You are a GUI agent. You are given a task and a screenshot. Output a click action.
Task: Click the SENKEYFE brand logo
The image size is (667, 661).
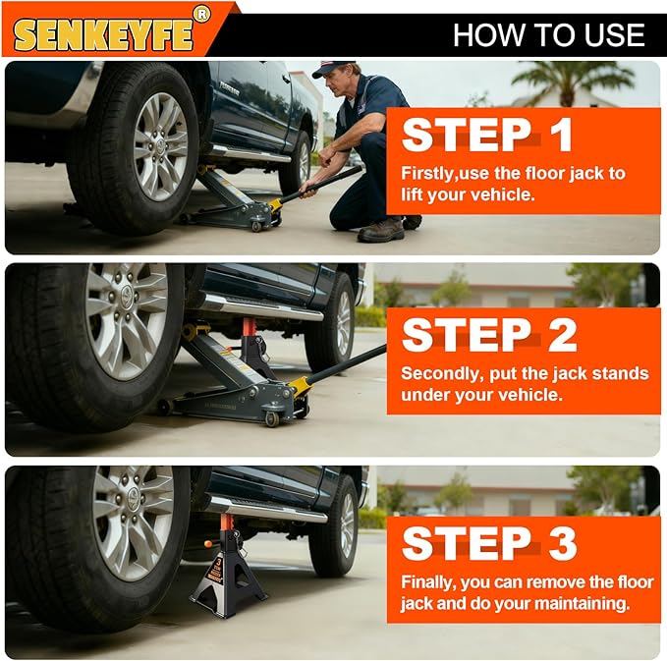click(x=103, y=34)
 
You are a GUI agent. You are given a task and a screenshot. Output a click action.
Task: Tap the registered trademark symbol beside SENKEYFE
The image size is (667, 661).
click(x=201, y=15)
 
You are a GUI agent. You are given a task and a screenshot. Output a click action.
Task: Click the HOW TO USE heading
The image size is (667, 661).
click(x=548, y=35)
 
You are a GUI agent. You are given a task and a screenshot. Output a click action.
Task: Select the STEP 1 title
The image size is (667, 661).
click(x=487, y=135)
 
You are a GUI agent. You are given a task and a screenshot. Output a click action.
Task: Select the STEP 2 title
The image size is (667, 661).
click(x=489, y=335)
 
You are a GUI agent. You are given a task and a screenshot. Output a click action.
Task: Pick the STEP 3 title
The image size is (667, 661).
click(x=489, y=543)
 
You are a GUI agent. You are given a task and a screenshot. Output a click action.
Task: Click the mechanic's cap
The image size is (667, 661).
click(x=334, y=69)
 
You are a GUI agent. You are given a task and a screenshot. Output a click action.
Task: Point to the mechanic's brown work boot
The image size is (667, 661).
click(x=381, y=231)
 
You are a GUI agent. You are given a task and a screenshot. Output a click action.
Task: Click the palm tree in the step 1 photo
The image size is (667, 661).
click(x=575, y=83)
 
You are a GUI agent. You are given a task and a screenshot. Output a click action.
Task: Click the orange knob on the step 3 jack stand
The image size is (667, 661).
click(x=208, y=544)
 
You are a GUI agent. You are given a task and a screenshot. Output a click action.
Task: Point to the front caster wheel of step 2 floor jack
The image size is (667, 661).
click(x=272, y=419)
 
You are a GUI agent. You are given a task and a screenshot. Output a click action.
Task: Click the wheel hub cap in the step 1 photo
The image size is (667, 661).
click(x=160, y=146)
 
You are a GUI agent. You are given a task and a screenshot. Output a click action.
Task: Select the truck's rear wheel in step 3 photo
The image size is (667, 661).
click(x=334, y=526)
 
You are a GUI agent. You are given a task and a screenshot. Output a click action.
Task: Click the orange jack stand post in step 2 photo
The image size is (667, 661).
click(x=249, y=327)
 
